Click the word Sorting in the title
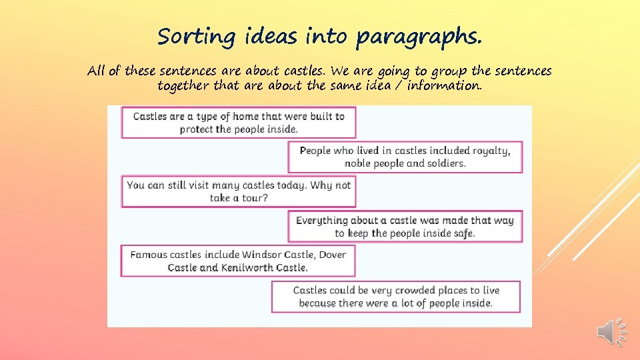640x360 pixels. (188, 37)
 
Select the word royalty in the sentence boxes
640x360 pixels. (491, 151)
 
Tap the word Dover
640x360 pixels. (332, 255)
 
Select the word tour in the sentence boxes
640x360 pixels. (255, 198)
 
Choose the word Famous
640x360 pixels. (149, 255)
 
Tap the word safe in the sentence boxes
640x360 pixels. (463, 233)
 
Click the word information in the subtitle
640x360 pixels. (440, 86)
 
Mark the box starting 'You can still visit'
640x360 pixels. (238, 191)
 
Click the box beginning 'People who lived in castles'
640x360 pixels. (405, 157)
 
